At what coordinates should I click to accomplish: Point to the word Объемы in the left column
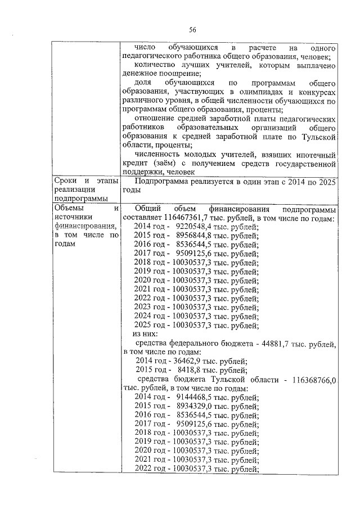pyautogui.click(x=67, y=209)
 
